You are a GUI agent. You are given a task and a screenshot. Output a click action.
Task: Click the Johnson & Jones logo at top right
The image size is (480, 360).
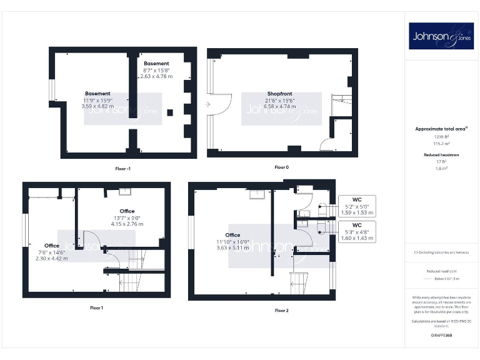442,36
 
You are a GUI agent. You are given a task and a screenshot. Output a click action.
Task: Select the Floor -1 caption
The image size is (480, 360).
122,169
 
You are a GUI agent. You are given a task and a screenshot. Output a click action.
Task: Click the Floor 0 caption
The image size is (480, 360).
282,167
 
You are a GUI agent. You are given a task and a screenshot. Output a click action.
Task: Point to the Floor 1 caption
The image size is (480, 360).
96,307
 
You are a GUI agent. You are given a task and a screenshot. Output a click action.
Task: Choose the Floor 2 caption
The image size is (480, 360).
282,310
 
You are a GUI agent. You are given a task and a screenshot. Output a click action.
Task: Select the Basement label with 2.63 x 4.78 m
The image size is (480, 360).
156,64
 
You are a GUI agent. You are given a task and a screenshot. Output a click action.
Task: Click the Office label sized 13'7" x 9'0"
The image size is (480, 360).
127,211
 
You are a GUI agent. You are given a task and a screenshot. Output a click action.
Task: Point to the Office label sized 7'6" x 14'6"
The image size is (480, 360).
52,246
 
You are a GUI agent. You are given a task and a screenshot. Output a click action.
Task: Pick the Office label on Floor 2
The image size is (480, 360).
232,235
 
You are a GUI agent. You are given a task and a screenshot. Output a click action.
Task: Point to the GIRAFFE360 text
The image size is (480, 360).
441,336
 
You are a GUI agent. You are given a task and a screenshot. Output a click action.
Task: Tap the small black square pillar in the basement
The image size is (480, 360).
170,113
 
